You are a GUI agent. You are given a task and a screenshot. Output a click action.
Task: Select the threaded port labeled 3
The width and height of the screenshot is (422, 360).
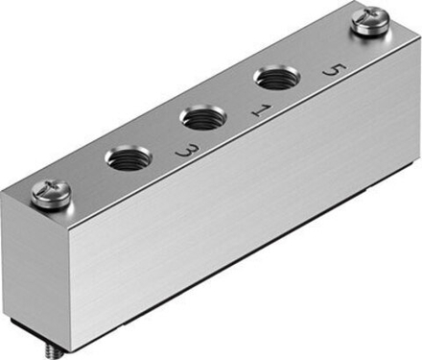[x=128, y=157]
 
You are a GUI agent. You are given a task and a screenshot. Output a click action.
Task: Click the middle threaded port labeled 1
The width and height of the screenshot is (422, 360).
[x=202, y=119]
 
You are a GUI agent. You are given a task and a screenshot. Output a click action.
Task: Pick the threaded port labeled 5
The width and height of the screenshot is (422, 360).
[x=274, y=79]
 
